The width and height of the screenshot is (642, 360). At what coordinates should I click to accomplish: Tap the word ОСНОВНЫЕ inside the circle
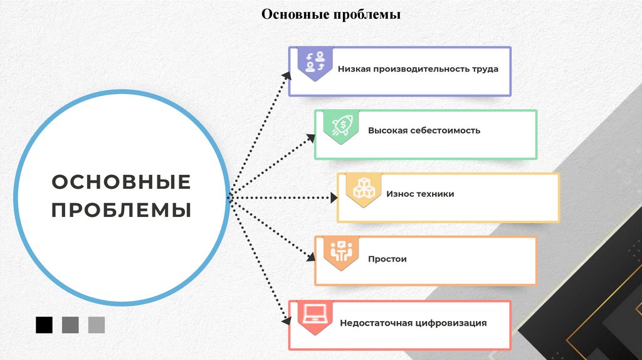[x=122, y=183]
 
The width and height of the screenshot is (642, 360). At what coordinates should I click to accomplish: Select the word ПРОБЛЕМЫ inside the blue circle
[x=122, y=209]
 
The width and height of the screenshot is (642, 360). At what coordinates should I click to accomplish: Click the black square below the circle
[x=45, y=325]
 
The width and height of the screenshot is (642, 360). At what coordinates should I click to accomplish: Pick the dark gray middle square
[x=70, y=325]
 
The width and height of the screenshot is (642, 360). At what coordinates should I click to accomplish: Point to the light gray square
[x=97, y=325]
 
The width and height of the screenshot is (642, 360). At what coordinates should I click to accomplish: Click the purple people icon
[x=315, y=63]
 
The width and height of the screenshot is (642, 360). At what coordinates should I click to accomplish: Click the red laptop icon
[x=315, y=315]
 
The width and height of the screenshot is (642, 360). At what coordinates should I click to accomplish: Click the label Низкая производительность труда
[x=418, y=69]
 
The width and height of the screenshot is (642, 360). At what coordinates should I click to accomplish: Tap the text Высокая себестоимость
[x=424, y=131]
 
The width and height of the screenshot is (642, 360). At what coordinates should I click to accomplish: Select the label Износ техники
[x=420, y=194]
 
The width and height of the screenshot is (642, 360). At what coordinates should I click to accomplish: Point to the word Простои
[x=387, y=259]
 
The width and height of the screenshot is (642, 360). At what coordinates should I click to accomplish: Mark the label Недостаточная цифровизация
[x=413, y=324]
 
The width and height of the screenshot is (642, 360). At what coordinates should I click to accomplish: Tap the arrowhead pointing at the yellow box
[x=333, y=198]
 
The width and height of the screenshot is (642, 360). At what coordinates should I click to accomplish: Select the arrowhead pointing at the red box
[x=286, y=320]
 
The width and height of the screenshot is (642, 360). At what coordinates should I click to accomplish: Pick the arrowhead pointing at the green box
[x=311, y=137]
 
